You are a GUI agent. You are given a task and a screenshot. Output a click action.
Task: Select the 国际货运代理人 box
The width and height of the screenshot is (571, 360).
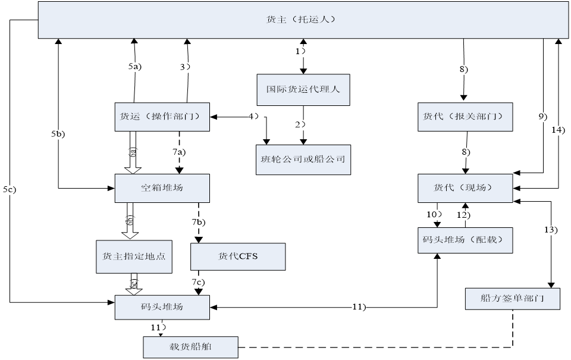[x=303, y=89]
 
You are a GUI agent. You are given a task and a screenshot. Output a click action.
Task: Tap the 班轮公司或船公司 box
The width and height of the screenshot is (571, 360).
[x=303, y=159]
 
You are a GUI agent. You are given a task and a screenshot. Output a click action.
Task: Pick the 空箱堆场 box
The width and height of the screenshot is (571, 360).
[x=162, y=187]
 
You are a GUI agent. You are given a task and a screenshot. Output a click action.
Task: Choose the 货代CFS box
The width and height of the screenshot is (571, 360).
[x=238, y=256]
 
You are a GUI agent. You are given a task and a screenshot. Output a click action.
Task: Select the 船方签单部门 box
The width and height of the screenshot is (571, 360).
[x=512, y=298]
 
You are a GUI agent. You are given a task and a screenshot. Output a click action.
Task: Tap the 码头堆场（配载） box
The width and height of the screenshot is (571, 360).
[x=465, y=240]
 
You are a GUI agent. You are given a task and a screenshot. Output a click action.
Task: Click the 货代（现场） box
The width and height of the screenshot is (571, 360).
[x=465, y=187]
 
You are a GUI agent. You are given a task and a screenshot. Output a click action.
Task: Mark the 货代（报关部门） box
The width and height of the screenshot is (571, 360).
[x=465, y=117]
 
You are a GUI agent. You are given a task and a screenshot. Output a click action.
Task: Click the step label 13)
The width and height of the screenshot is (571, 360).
[x=551, y=230]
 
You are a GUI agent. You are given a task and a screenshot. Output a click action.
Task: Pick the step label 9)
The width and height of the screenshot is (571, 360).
[x=542, y=117]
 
